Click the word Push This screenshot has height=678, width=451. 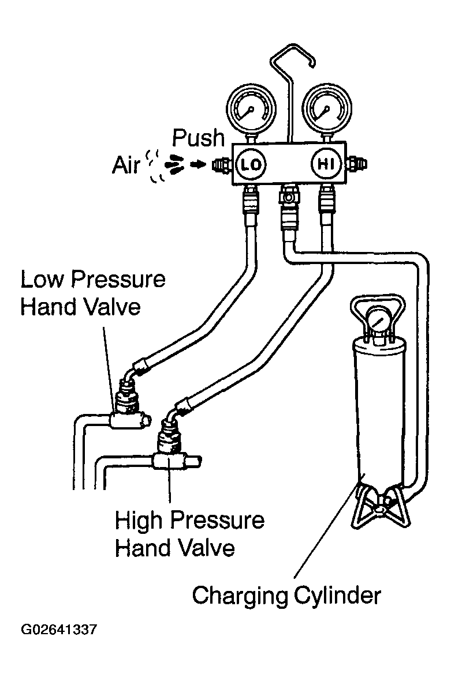pyautogui.click(x=199, y=138)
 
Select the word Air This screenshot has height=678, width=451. pyautogui.click(x=126, y=165)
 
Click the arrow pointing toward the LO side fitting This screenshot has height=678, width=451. pyautogui.click(x=198, y=164)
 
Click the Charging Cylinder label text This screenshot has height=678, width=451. pyautogui.click(x=286, y=596)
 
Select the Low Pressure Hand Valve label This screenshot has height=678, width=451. pyautogui.click(x=93, y=293)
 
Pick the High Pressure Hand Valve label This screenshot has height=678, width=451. pyautogui.click(x=189, y=534)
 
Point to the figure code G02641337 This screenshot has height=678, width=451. pyautogui.click(x=59, y=629)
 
